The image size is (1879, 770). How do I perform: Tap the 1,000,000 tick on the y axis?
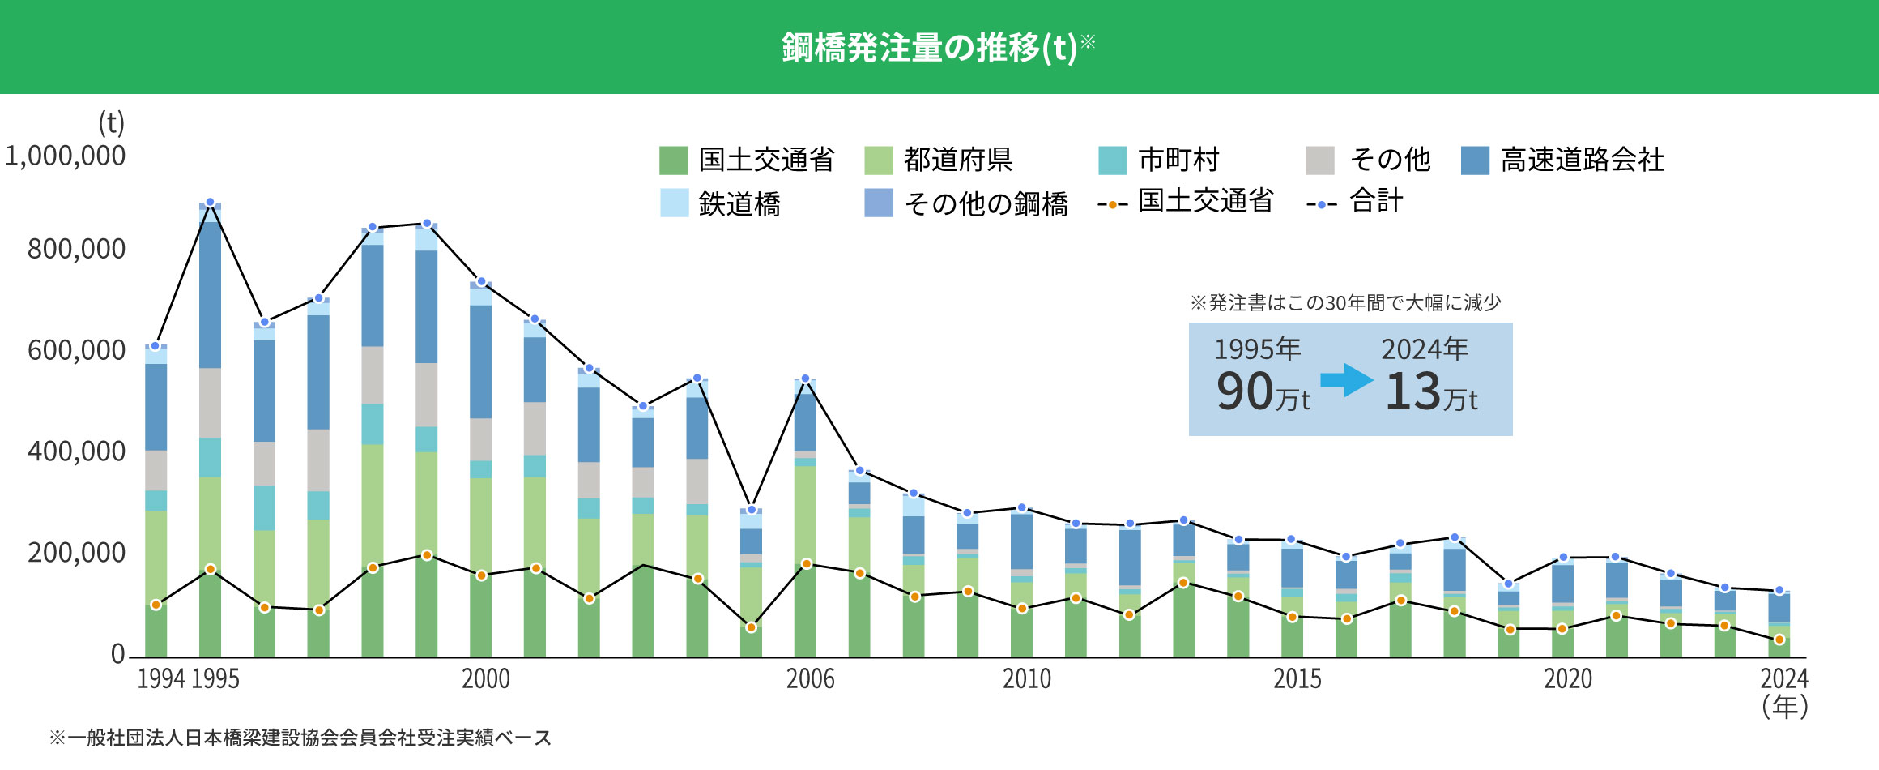click(x=66, y=156)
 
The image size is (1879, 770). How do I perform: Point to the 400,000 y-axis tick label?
click(x=77, y=451)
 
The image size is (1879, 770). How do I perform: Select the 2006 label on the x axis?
click(x=810, y=678)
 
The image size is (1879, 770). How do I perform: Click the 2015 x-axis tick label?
click(x=1297, y=678)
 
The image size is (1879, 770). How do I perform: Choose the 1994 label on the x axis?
click(x=161, y=678)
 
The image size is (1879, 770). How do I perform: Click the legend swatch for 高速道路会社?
click(x=1475, y=160)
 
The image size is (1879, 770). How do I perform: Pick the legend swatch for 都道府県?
click(x=879, y=160)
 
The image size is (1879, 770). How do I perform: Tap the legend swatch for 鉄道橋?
click(x=674, y=203)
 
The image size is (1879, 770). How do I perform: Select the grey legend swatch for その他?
click(x=1320, y=160)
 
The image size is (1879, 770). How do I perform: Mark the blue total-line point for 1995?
click(x=210, y=203)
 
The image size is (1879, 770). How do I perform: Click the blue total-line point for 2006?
click(x=805, y=379)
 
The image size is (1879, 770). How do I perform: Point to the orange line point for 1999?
click(x=427, y=555)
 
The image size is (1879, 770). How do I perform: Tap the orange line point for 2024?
click(x=1779, y=640)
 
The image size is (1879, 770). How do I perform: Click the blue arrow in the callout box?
click(x=1346, y=380)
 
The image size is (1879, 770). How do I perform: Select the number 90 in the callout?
click(x=1246, y=392)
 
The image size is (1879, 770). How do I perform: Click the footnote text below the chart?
click(x=300, y=738)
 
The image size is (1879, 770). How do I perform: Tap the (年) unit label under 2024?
click(x=1785, y=707)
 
